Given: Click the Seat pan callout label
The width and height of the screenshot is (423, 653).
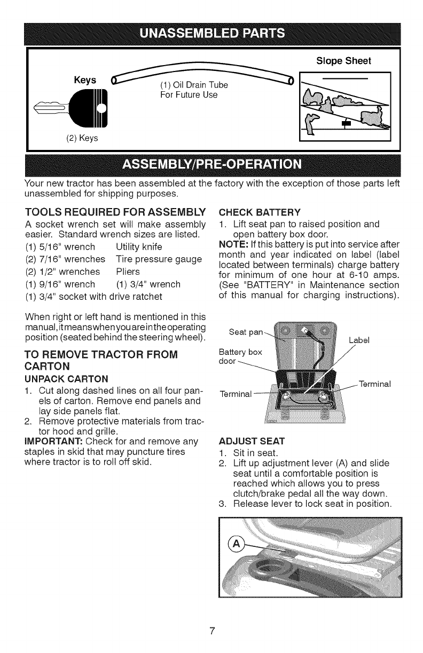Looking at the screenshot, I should click(245, 332).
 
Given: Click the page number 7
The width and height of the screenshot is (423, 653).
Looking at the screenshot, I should click(211, 632).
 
